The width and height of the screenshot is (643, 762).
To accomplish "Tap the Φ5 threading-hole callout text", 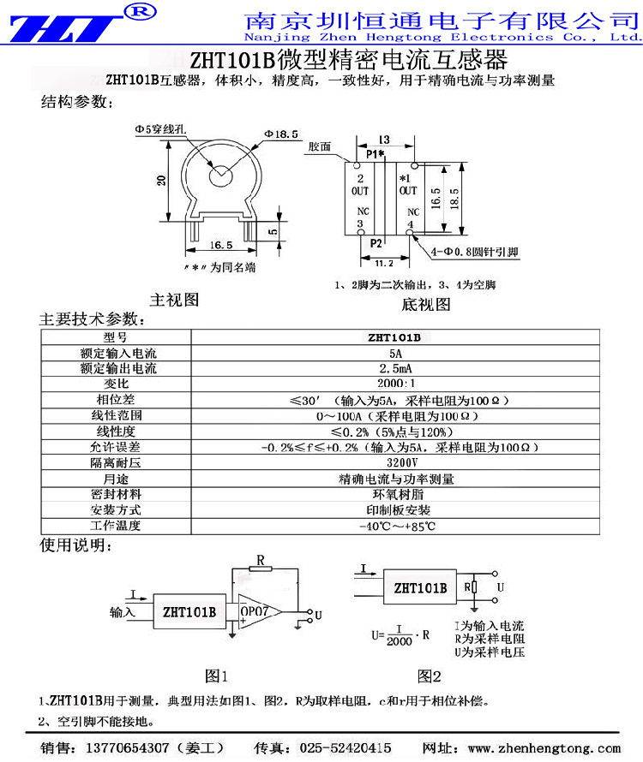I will click(x=162, y=129).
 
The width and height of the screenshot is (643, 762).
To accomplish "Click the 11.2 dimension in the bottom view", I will click(x=384, y=263).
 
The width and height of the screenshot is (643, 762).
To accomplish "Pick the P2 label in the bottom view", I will click(x=376, y=243).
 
